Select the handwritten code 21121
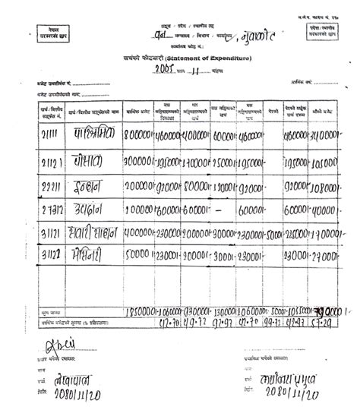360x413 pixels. click(52, 161)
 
